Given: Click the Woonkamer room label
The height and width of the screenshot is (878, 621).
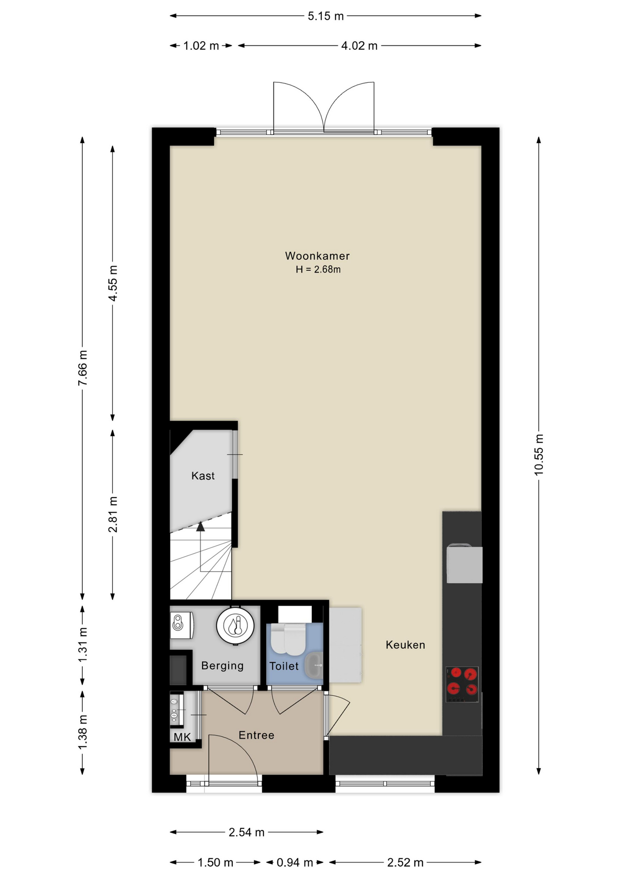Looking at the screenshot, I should coord(317,256).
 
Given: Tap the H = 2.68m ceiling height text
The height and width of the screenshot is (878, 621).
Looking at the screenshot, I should coord(318,270).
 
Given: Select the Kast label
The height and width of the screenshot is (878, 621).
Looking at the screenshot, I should coord(203,476).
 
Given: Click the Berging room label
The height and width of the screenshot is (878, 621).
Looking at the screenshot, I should coord(222,666).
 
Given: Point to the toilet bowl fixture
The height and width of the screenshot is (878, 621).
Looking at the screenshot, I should coord(288,639).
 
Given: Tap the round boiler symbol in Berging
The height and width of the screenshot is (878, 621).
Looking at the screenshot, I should coord(235,625).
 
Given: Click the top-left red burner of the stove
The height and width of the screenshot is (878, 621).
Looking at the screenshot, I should coord(455,673).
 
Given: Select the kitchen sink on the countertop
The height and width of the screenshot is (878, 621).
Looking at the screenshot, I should coord(464,564).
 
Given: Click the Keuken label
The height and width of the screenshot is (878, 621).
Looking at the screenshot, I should coord(405,645).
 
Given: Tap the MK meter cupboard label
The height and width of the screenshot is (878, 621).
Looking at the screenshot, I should coord(182,737).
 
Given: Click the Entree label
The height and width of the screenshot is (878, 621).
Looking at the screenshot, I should coord(257,735).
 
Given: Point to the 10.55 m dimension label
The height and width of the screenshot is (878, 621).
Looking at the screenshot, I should coord(539,455).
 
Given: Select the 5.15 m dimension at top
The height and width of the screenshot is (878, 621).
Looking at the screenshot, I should coord(325,16).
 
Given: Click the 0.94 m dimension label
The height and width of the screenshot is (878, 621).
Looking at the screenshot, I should coord(294,862).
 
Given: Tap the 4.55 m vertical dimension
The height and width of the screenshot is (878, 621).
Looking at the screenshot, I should coord(113,283).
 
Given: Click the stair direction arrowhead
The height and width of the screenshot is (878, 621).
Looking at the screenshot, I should coord(200,527).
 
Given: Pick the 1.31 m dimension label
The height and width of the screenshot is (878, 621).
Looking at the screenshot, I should coord(83,645).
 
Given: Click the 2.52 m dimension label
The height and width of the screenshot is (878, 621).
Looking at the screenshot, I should coord(405,862).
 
